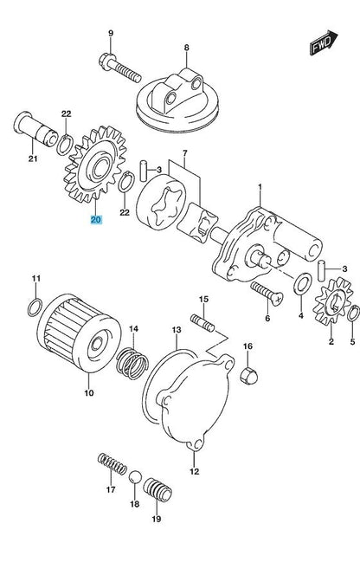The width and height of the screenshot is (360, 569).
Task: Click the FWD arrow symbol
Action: point(324,42)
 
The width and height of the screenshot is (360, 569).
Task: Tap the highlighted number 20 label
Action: point(96,219)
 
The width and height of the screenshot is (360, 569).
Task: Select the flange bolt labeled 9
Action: point(119,68)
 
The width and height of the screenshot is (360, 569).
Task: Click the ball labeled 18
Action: point(134,477)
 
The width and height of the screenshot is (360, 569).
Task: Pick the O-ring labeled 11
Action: point(35,307)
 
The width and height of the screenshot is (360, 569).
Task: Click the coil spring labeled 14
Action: point(132,363)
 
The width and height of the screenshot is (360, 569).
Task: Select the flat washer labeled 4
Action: point(302,283)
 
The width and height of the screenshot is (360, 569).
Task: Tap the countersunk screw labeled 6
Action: point(267,294)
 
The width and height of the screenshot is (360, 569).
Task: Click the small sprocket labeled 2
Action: point(333,301)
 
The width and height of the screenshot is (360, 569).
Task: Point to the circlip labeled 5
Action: point(353,314)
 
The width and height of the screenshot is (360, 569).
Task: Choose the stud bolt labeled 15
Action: point(202,324)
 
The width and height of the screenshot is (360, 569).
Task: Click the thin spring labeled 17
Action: point(112,463)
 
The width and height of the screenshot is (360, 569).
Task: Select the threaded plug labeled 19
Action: point(157,490)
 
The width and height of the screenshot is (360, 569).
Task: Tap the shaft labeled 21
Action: point(35,129)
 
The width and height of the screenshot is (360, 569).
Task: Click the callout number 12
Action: point(195,471)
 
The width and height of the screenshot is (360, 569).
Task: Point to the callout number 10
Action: point(89,392)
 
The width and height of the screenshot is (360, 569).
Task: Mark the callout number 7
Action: point(184,152)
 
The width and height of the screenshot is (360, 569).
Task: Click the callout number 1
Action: point(260,187)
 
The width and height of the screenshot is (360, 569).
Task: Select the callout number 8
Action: point(187,48)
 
